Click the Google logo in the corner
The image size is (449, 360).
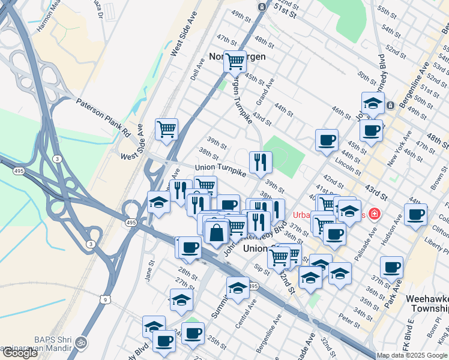click(x=20, y=353)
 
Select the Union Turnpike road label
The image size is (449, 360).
click(x=220, y=171)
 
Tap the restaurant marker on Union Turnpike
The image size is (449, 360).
click(x=261, y=161)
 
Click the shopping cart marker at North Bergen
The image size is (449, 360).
click(x=235, y=60)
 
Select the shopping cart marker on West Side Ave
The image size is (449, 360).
click(x=166, y=128)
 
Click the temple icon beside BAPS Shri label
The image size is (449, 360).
click(x=81, y=343)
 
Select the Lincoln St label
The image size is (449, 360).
click(x=348, y=163)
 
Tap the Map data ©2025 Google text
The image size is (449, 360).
click(x=412, y=355)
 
